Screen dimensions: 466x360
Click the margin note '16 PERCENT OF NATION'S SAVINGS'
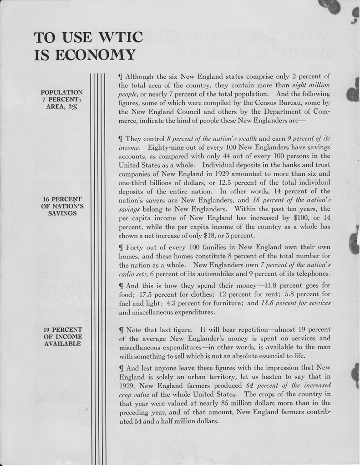tap(62, 206)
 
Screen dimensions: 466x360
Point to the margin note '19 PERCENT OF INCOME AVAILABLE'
tap(62, 336)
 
